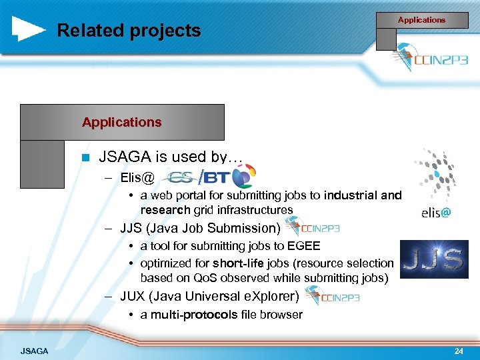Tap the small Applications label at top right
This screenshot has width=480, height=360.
pos(421,20)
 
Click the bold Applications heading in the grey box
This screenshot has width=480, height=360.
pos(121,122)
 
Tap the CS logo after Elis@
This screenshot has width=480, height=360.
pos(179,178)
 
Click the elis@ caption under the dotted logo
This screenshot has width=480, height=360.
pos(436,213)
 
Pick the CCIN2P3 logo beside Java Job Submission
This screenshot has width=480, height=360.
pos(312,228)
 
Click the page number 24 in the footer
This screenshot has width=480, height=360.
pos(458,350)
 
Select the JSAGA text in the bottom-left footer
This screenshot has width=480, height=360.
pos(34,350)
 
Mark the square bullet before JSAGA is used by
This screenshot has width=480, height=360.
pos(84,158)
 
